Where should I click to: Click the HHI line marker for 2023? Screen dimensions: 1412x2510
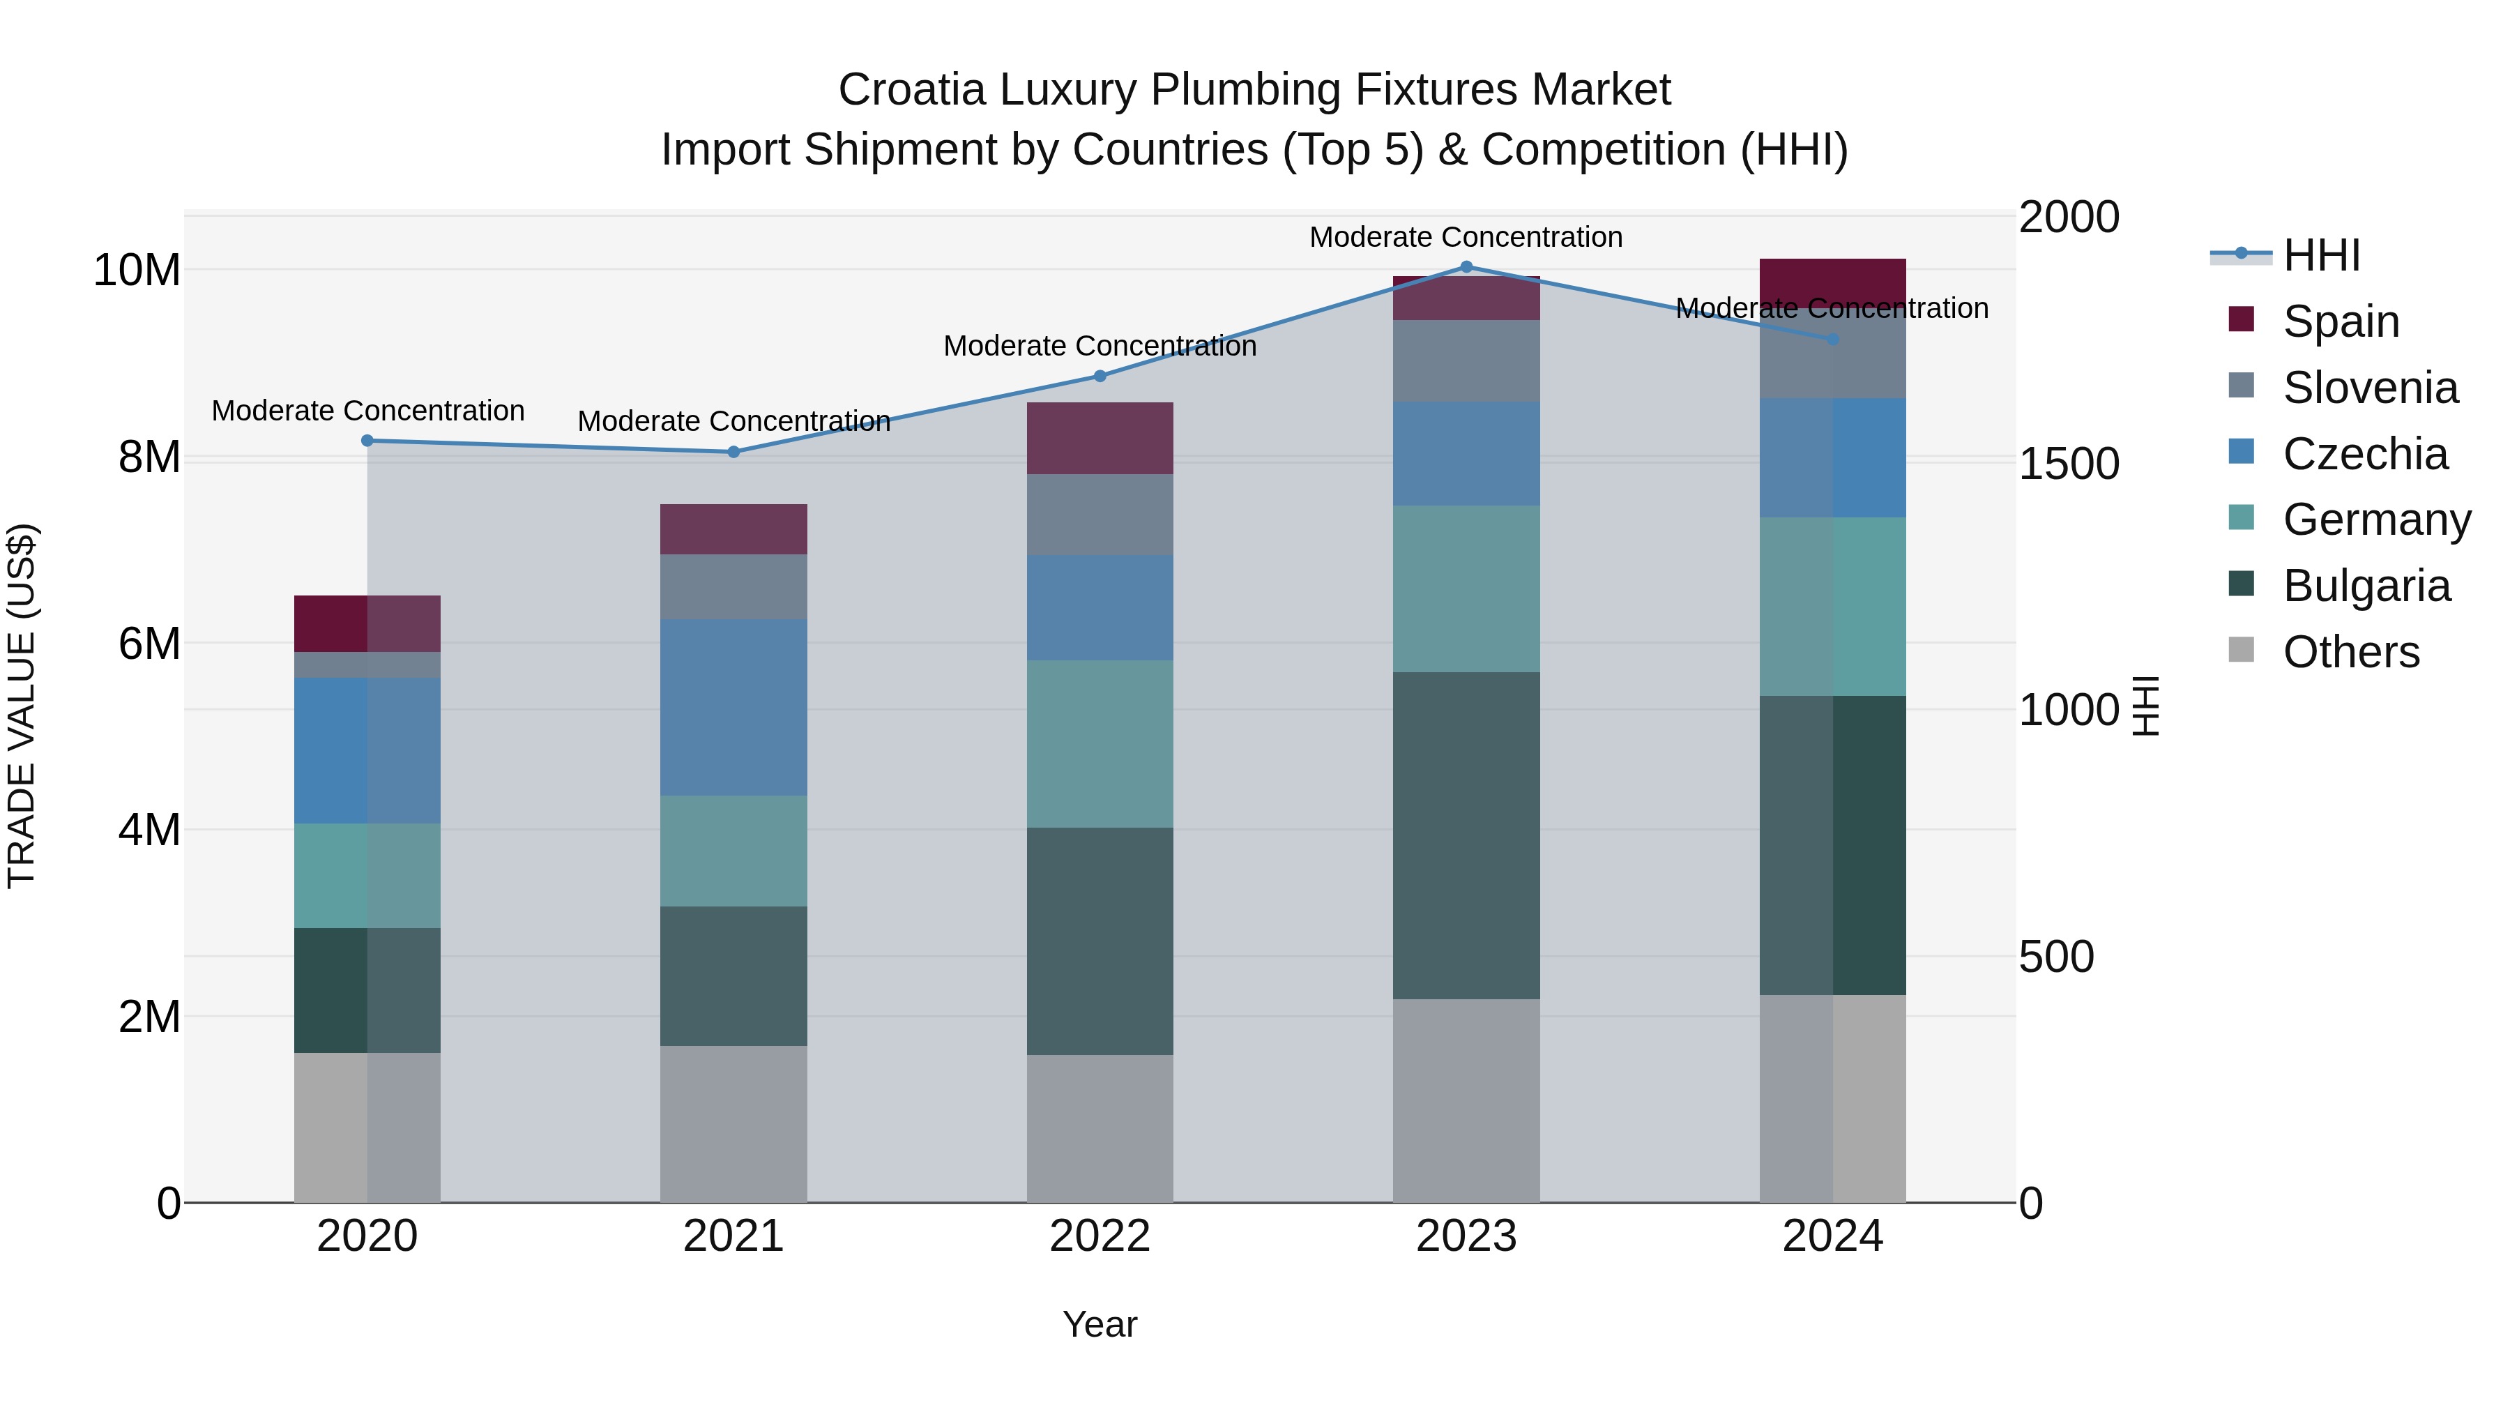[1466, 267]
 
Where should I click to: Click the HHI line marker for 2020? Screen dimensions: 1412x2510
[367, 441]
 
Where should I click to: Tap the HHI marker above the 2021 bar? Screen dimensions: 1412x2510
[733, 451]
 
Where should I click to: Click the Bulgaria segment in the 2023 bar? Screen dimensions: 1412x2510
[1466, 835]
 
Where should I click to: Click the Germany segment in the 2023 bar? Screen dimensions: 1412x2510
[1466, 588]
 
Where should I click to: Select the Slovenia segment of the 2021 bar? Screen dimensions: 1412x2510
[733, 586]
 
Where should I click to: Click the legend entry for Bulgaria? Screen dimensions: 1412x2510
[2365, 586]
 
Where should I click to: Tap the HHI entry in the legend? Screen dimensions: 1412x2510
[2321, 255]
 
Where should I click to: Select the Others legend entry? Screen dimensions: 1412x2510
[2350, 652]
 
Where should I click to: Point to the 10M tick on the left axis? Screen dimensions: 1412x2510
[137, 270]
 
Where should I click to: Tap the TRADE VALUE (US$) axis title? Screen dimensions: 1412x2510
[22, 706]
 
